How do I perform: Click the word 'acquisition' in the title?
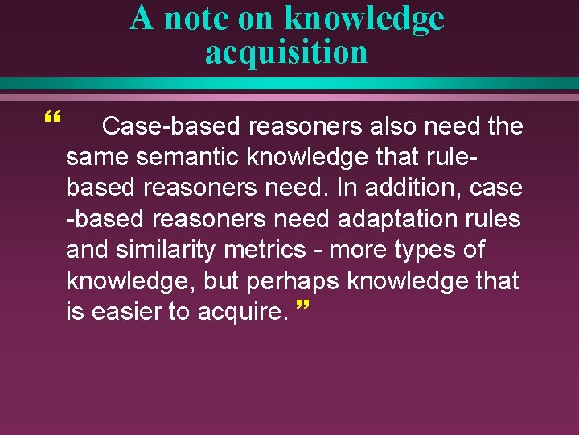[286, 52]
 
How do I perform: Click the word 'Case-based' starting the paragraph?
[173, 126]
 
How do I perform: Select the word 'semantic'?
[173, 157]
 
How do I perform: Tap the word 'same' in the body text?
[92, 157]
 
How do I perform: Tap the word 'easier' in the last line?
[128, 311]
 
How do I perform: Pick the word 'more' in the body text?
[354, 250]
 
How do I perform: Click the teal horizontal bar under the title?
[289, 83]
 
